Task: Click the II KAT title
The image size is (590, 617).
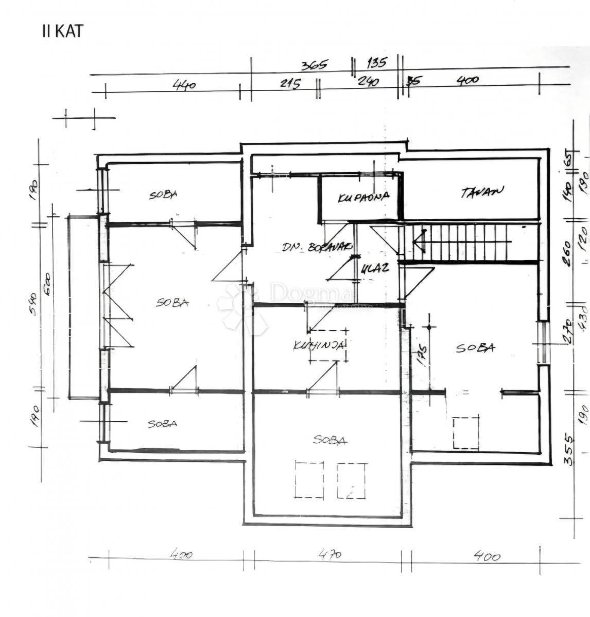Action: (x=62, y=31)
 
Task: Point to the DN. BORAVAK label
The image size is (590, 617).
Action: (x=316, y=247)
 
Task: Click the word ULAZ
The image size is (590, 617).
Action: (x=374, y=268)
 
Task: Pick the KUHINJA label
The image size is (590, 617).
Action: (x=319, y=346)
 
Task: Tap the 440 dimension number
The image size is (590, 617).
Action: (x=184, y=84)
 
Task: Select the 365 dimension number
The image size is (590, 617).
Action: (x=315, y=65)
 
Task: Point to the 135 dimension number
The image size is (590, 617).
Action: (x=376, y=63)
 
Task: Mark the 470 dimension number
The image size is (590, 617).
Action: (x=329, y=555)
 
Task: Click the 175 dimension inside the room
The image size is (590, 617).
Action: (x=422, y=356)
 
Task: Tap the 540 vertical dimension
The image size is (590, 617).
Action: (x=33, y=303)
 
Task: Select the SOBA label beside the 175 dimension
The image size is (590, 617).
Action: (x=475, y=348)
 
